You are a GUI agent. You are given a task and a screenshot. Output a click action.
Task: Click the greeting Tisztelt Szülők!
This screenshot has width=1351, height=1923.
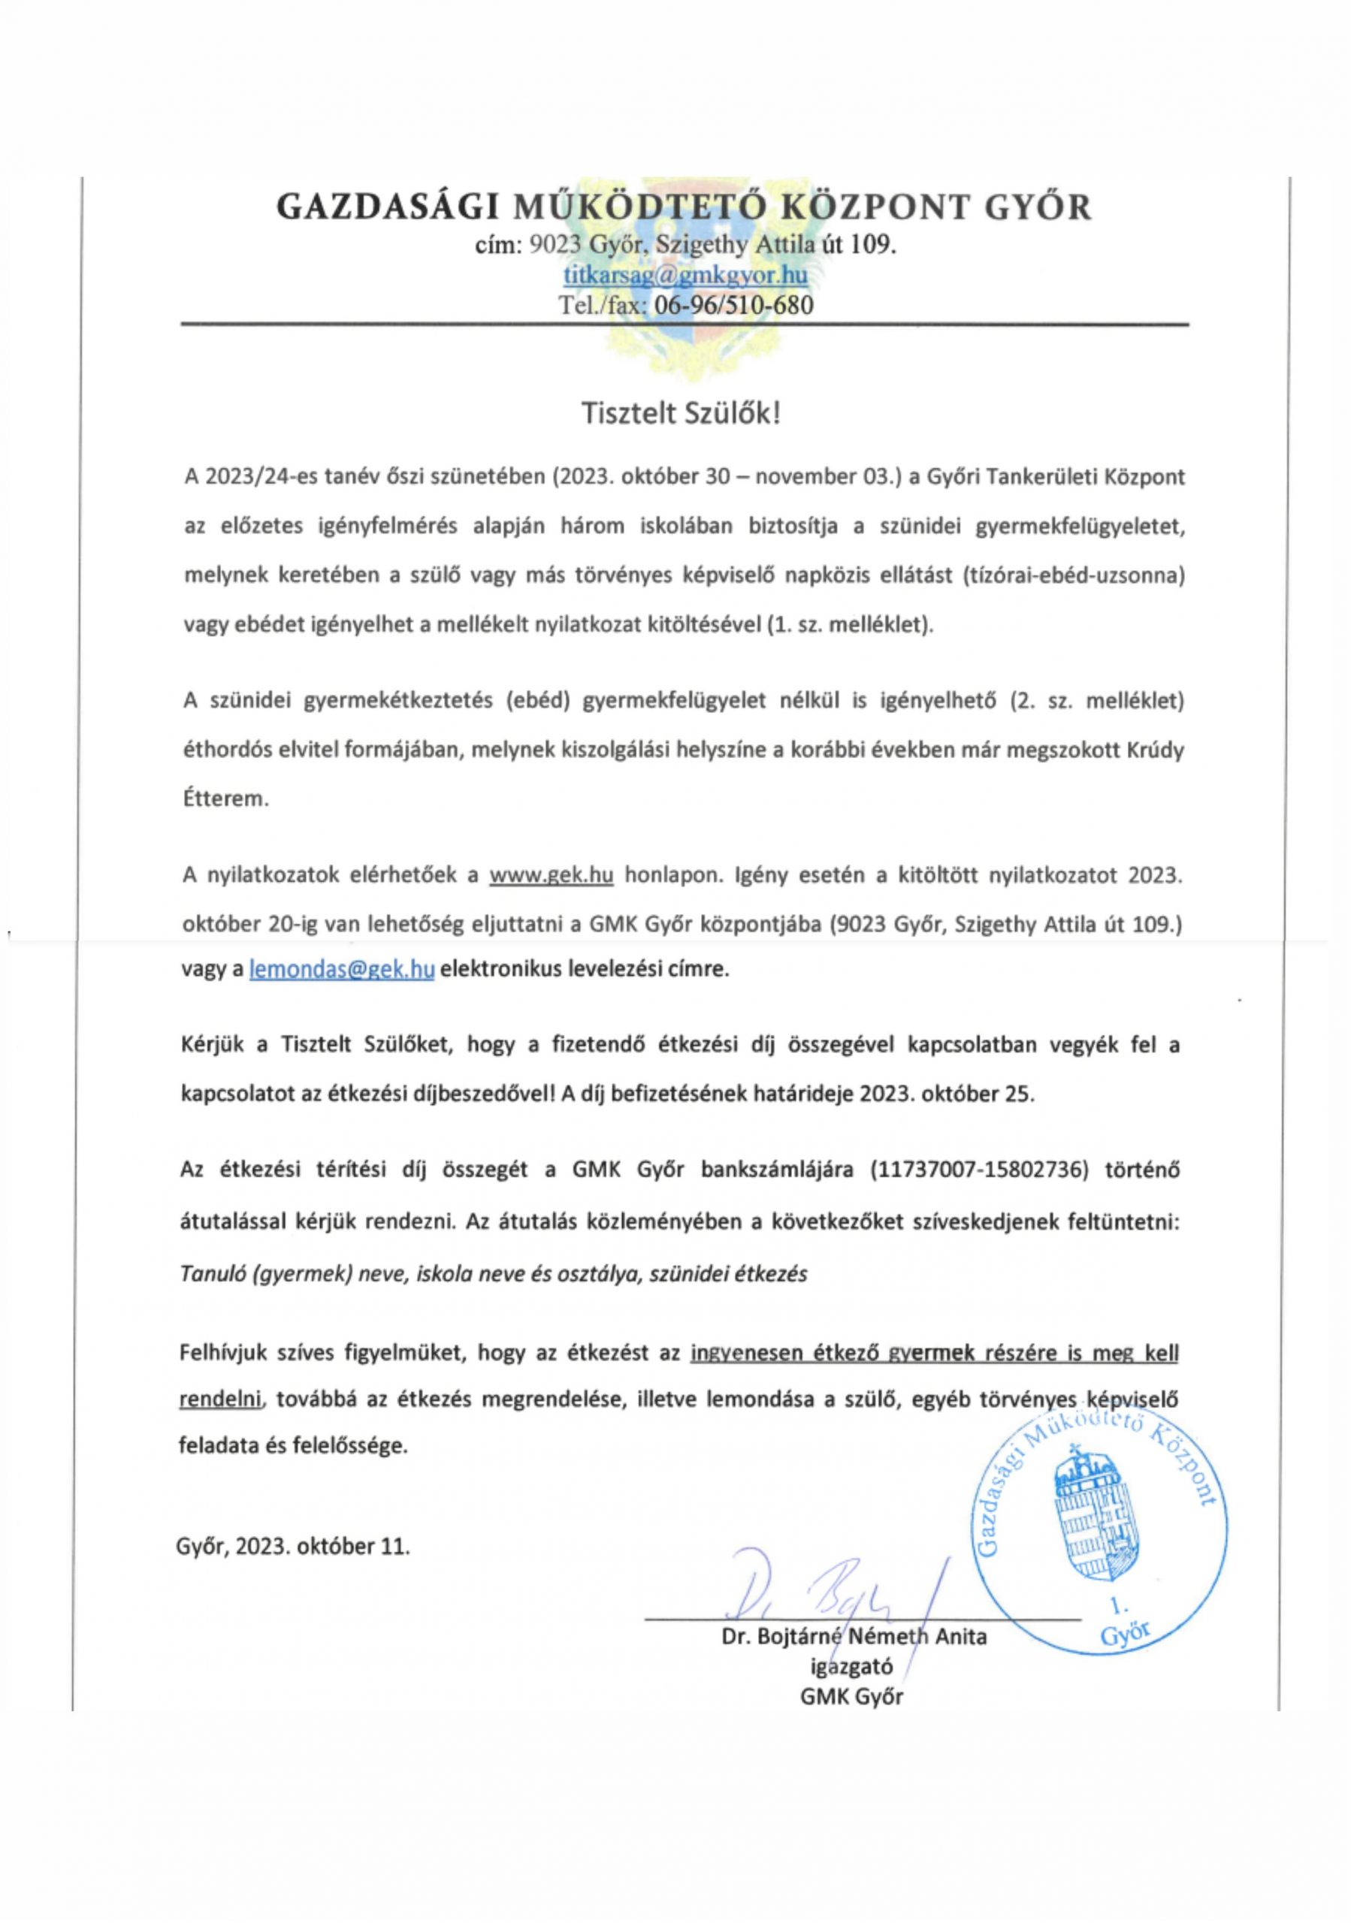click(x=682, y=414)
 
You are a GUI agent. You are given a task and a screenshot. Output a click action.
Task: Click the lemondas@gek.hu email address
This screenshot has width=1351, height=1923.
click(x=342, y=969)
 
